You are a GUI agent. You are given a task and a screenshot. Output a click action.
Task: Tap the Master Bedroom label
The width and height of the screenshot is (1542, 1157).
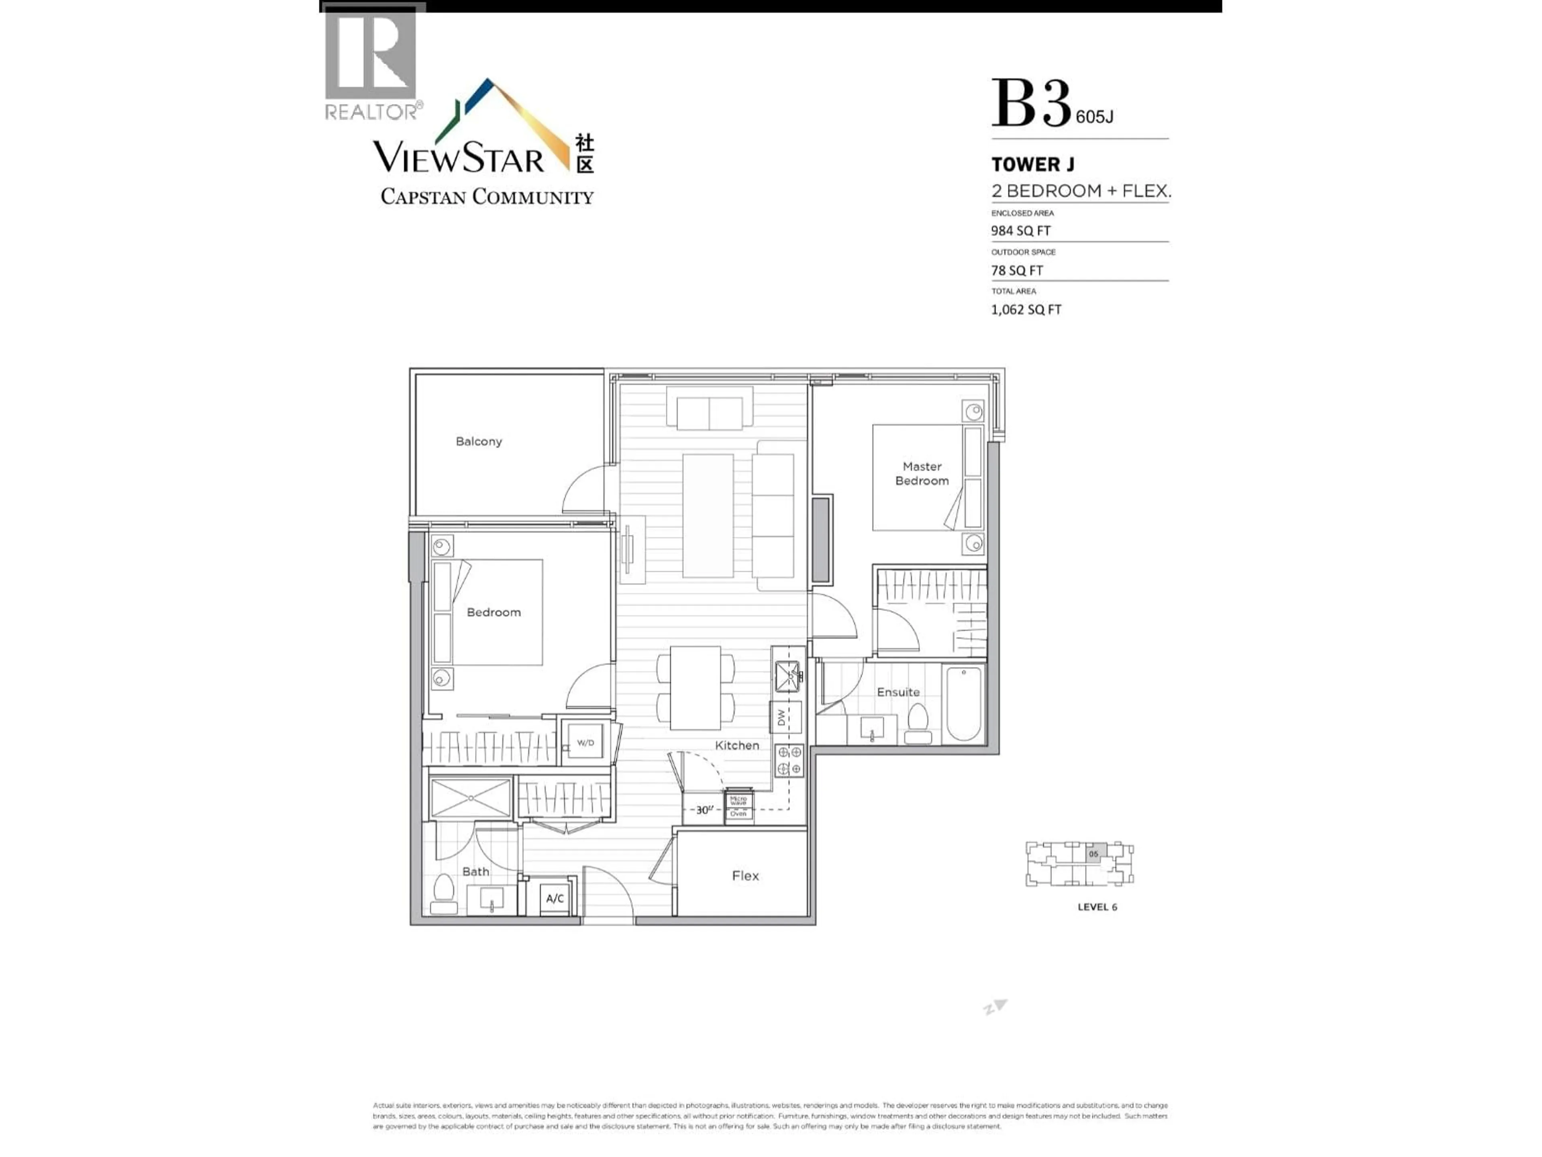pyautogui.click(x=922, y=474)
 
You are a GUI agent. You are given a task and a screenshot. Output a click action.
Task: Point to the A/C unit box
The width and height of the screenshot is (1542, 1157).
pyautogui.click(x=555, y=899)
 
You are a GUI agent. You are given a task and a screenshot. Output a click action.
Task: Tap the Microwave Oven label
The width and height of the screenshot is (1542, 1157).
pyautogui.click(x=738, y=805)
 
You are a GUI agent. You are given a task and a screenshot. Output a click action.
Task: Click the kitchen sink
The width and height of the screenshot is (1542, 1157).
pyautogui.click(x=788, y=675)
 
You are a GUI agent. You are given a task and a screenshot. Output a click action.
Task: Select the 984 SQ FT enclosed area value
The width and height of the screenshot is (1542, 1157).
pyautogui.click(x=1020, y=231)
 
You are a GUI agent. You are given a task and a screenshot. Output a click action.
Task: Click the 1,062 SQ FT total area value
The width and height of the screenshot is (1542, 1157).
pyautogui.click(x=1026, y=310)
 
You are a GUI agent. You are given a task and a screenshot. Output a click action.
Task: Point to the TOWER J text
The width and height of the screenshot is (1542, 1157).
pyautogui.click(x=1032, y=165)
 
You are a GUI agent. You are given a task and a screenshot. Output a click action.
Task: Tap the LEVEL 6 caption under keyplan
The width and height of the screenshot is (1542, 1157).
pyautogui.click(x=1097, y=908)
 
